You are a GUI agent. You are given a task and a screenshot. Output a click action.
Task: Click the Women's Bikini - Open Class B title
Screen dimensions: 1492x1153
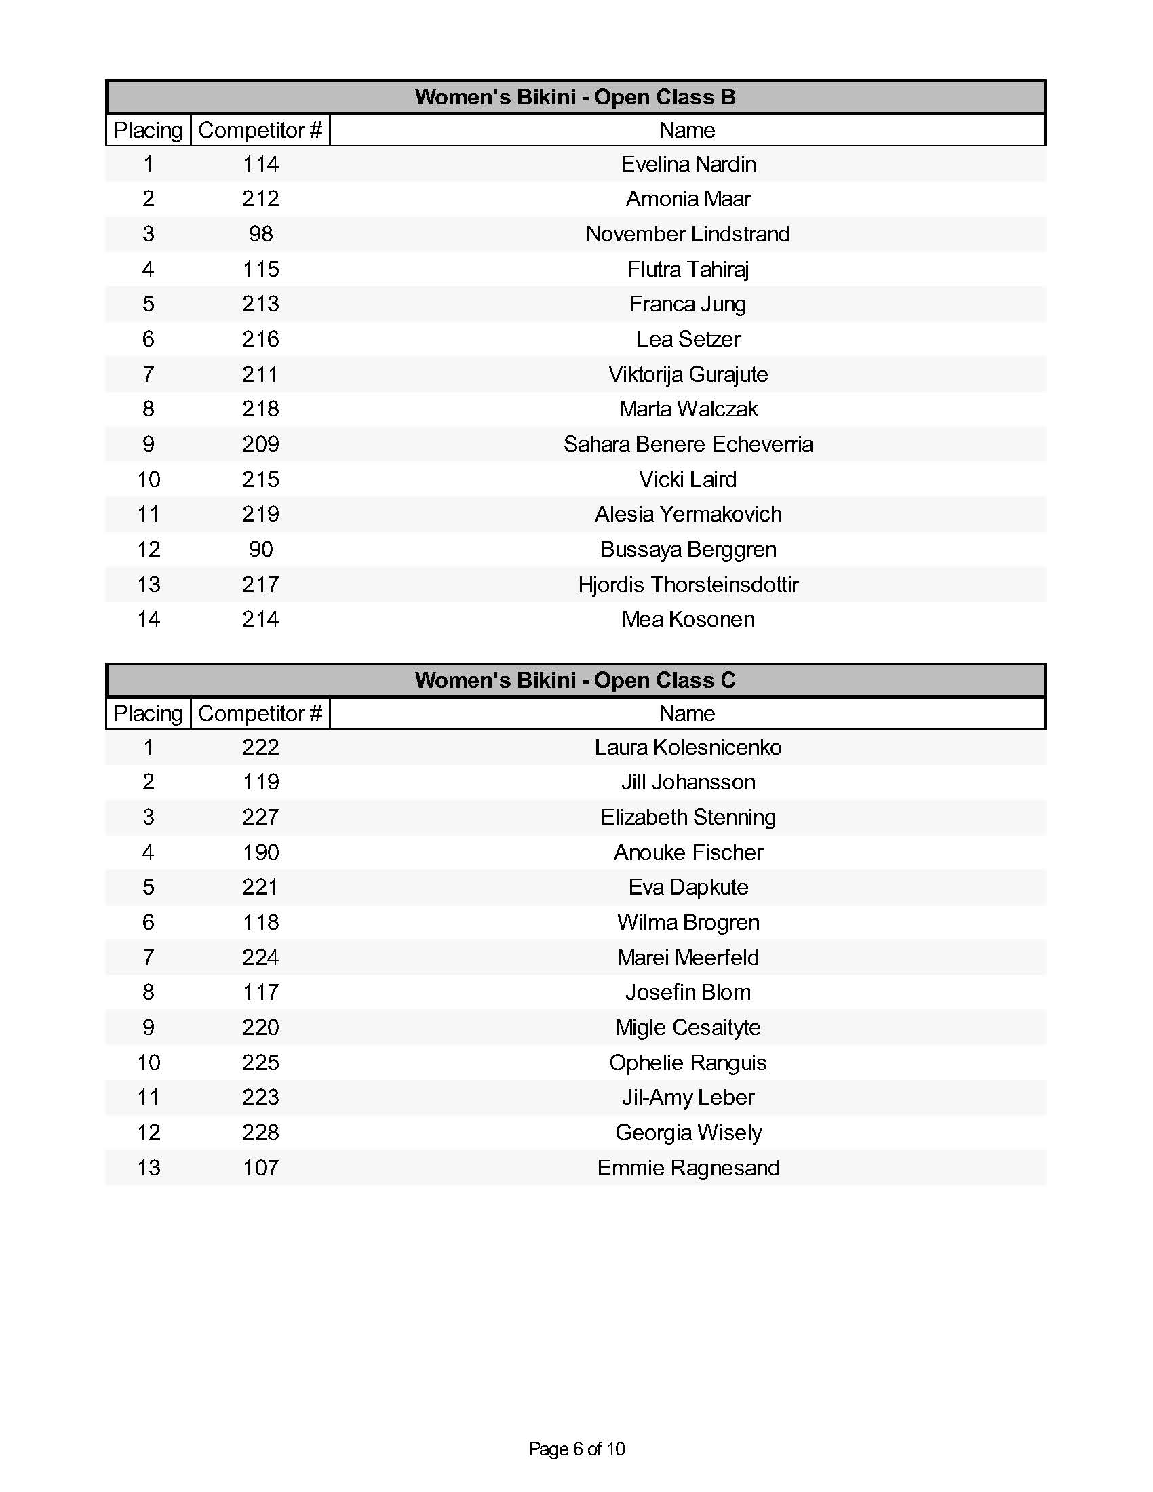575,97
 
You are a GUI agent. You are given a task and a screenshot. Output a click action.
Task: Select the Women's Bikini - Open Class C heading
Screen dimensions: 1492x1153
575,680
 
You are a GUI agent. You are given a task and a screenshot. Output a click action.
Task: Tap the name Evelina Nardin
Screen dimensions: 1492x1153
688,164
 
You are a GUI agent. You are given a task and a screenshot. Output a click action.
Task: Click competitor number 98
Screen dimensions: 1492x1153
260,235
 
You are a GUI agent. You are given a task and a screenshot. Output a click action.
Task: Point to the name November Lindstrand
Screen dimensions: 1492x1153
687,235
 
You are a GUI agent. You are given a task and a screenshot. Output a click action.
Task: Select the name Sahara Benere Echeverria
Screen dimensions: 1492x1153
688,444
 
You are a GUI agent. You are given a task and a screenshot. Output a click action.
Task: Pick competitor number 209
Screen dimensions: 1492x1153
260,444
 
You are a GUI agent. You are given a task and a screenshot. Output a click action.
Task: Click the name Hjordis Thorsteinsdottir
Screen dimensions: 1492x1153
688,585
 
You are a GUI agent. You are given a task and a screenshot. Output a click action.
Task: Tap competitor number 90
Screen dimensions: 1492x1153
260,549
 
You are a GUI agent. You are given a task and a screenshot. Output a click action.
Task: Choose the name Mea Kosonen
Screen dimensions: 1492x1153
688,620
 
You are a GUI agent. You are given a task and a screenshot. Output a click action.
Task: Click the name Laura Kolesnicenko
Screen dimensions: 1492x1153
688,747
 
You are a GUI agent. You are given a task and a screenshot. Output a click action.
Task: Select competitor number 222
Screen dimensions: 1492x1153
260,747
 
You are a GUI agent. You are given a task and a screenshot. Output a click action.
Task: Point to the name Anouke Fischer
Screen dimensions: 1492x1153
688,852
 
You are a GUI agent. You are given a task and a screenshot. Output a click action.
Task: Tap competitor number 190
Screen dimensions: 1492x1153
260,852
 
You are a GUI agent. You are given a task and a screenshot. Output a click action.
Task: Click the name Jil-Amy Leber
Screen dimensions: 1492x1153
688,1097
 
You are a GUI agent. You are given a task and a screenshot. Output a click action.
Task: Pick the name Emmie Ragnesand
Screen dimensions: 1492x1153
688,1168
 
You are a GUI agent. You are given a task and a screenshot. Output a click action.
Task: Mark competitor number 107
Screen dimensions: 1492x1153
260,1168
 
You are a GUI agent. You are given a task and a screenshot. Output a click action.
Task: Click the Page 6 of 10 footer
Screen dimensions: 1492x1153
576,1449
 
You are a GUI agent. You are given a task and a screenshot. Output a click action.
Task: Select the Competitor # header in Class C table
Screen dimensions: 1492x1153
260,713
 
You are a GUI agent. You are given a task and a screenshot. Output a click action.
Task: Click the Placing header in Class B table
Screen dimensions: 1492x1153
149,130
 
